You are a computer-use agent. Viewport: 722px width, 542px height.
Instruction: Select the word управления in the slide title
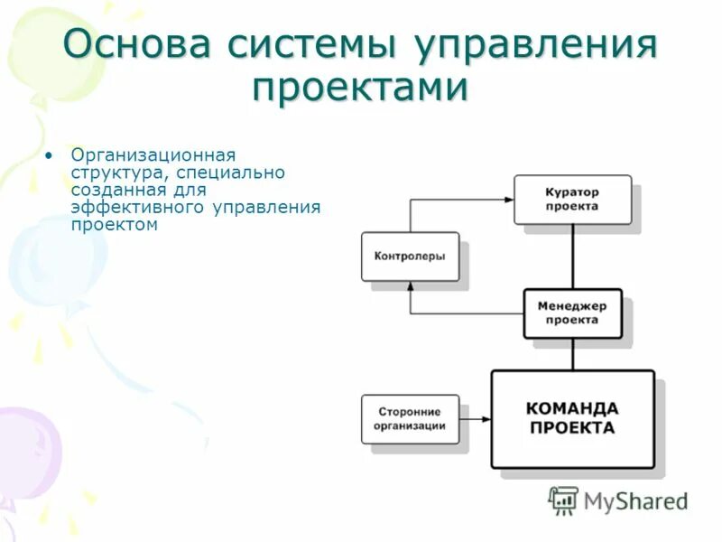[x=533, y=45]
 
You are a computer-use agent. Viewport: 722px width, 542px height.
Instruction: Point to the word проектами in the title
[x=360, y=89]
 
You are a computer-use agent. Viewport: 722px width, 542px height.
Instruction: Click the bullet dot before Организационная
[x=50, y=154]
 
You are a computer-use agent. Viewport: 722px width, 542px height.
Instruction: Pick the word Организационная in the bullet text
[x=153, y=154]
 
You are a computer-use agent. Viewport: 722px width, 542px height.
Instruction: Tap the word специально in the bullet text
[x=232, y=172]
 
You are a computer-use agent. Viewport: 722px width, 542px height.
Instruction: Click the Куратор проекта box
[x=572, y=200]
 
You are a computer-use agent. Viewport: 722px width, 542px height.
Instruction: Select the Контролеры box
[x=410, y=257]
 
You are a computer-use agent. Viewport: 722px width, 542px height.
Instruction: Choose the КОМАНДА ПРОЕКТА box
[x=572, y=418]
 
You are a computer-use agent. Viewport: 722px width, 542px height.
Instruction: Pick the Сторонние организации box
[x=410, y=419]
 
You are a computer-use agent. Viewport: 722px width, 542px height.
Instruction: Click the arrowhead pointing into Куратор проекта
[x=508, y=200]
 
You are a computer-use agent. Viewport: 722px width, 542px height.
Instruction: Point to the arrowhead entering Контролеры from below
[x=410, y=286]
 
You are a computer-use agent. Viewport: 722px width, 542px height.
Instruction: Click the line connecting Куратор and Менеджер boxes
[x=572, y=257]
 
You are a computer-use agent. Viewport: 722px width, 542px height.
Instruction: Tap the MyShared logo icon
[x=563, y=500]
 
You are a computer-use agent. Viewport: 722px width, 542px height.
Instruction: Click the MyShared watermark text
[x=635, y=500]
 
